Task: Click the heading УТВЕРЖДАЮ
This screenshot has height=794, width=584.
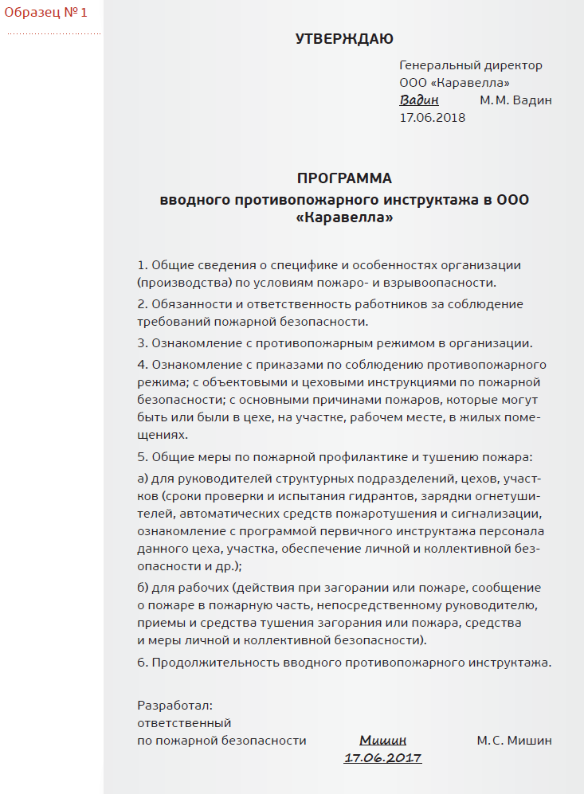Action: click(344, 39)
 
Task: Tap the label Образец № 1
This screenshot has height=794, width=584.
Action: click(46, 13)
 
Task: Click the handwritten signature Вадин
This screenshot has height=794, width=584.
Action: click(418, 100)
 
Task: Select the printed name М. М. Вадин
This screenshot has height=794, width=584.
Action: click(515, 100)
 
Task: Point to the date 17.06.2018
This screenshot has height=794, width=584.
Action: click(432, 117)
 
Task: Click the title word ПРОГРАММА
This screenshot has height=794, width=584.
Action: click(344, 178)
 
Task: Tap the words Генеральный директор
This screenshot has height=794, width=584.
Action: click(470, 65)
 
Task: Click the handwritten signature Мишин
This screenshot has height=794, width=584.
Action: click(382, 740)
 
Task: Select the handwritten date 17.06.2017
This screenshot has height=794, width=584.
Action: click(382, 757)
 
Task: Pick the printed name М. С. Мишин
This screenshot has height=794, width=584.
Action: click(514, 741)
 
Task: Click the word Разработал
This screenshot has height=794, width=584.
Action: click(174, 706)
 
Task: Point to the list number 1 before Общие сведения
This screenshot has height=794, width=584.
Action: click(142, 264)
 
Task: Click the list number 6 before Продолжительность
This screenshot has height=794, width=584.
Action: click(142, 662)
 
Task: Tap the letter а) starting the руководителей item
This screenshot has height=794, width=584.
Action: click(143, 479)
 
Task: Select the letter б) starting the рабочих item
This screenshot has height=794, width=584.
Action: click(143, 588)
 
